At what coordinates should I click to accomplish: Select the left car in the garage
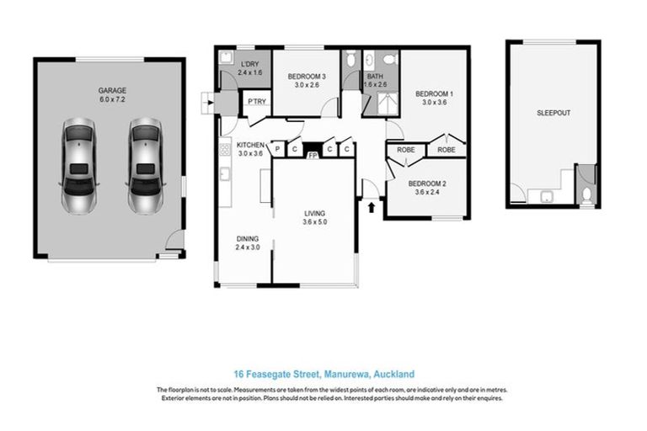(78, 165)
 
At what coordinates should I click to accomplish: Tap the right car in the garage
(145, 165)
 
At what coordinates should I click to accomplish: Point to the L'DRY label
(249, 64)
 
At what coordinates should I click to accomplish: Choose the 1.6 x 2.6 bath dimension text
(375, 84)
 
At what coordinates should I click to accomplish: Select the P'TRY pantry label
(256, 103)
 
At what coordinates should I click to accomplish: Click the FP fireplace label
(313, 156)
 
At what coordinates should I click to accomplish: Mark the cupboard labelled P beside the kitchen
(278, 150)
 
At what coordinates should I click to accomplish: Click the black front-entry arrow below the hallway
(372, 205)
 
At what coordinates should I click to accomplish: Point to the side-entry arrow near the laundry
(208, 104)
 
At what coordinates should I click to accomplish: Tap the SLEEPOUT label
(552, 113)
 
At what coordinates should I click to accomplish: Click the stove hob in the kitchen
(225, 151)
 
